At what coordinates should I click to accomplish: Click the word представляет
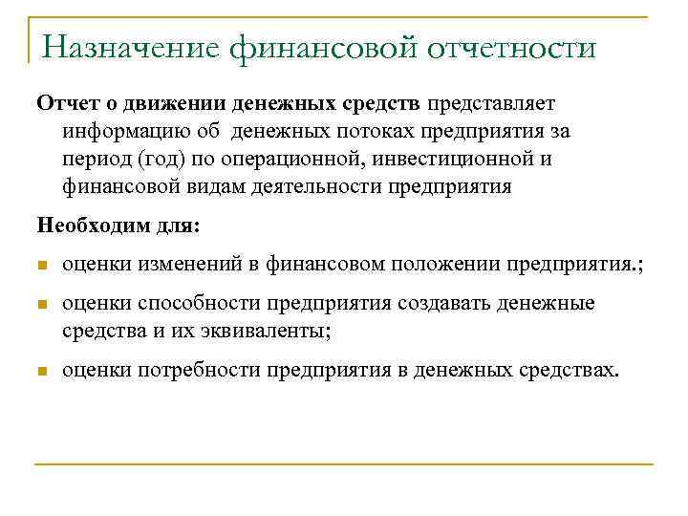pos(491,102)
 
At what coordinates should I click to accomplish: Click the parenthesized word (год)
pos(167,160)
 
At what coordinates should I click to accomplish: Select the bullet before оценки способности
pos(42,305)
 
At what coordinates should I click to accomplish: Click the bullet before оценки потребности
pos(42,371)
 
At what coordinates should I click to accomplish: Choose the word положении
pos(441,265)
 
